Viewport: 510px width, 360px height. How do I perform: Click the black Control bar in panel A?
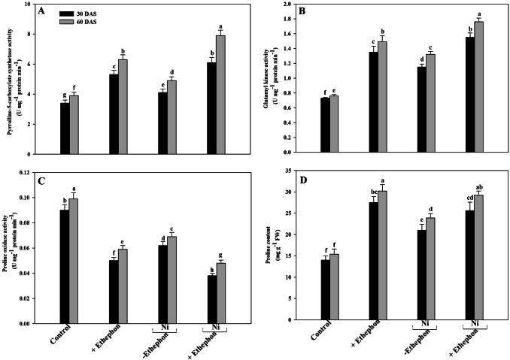click(x=65, y=129)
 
